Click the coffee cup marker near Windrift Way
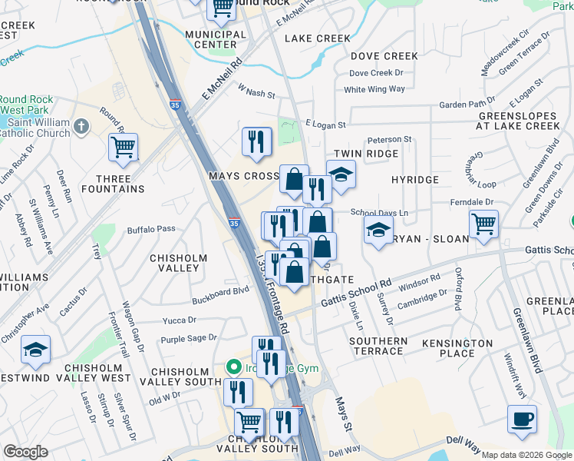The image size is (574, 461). [x=522, y=420]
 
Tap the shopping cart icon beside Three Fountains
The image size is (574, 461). [x=123, y=147]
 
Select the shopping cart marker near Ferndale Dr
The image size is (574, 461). [x=483, y=224]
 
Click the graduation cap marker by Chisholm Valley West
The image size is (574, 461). [x=36, y=350]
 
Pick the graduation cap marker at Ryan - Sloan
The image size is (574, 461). [x=378, y=230]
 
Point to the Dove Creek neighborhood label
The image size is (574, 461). [x=384, y=56]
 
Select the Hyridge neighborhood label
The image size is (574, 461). [x=414, y=180]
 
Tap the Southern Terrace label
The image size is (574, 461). [x=378, y=346]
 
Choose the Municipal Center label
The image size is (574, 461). [x=216, y=39]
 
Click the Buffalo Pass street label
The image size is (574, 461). [x=151, y=229]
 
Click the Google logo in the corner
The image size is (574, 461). [x=25, y=453]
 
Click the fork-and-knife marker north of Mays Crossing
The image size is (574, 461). [x=257, y=141]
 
